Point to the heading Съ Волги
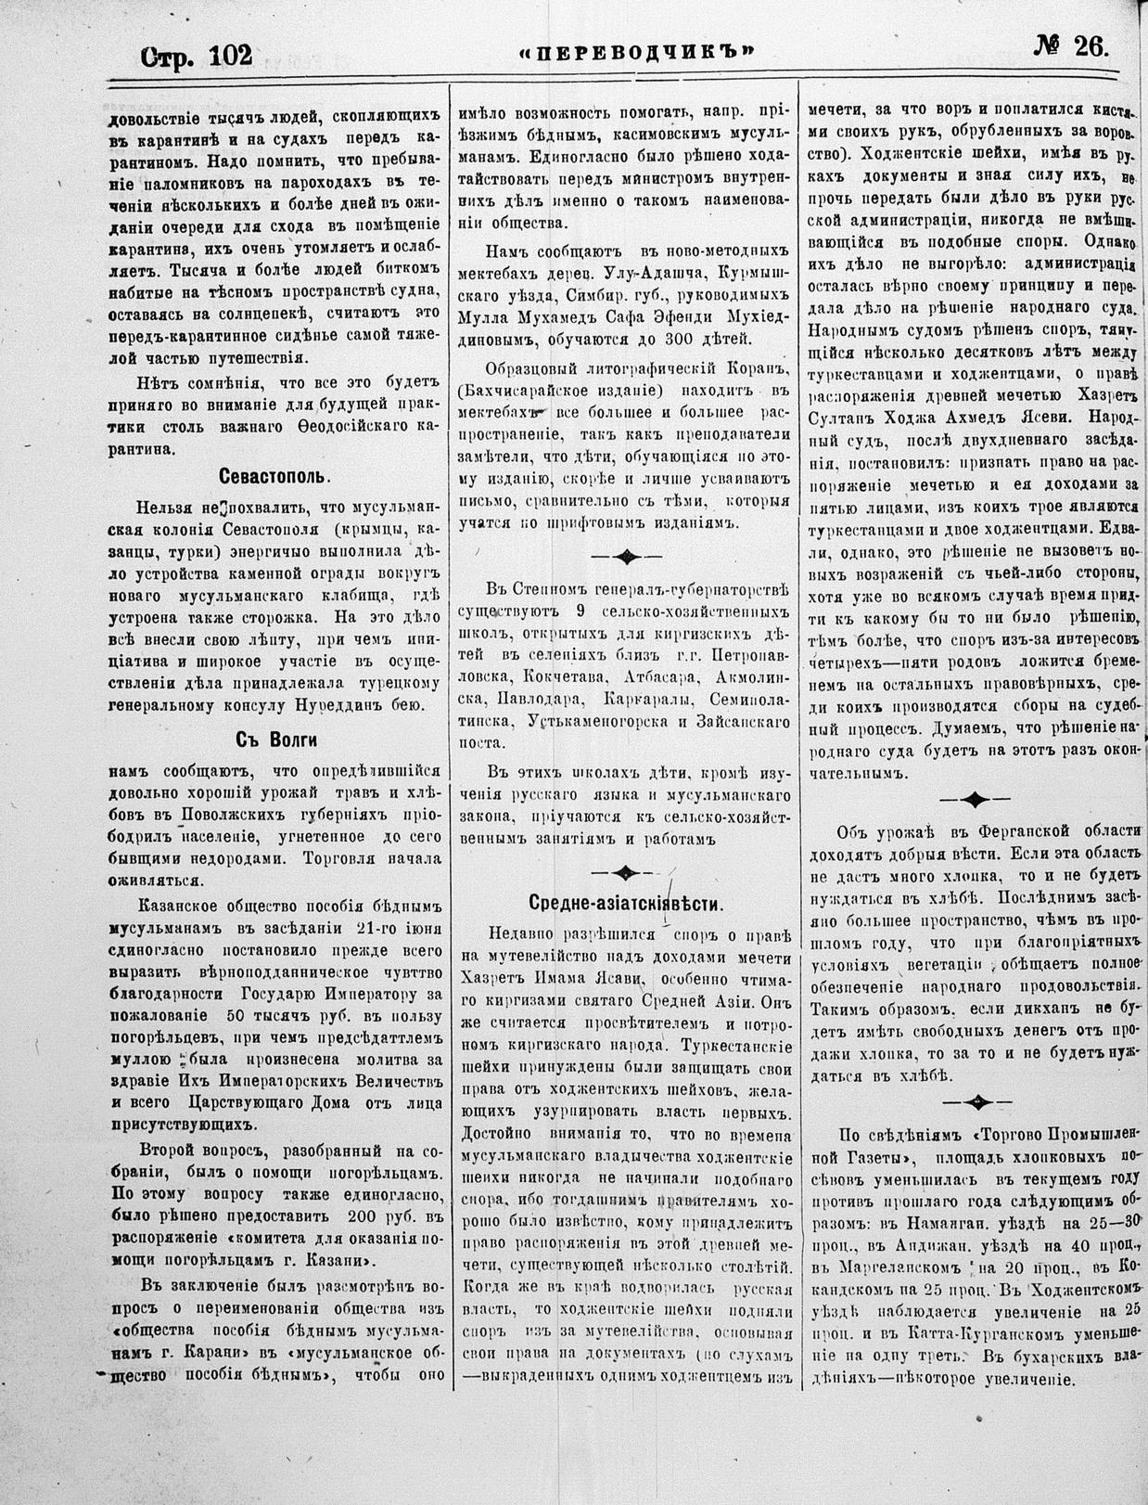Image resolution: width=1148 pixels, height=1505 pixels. (275, 740)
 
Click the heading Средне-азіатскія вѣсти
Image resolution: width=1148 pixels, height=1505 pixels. (626, 904)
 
